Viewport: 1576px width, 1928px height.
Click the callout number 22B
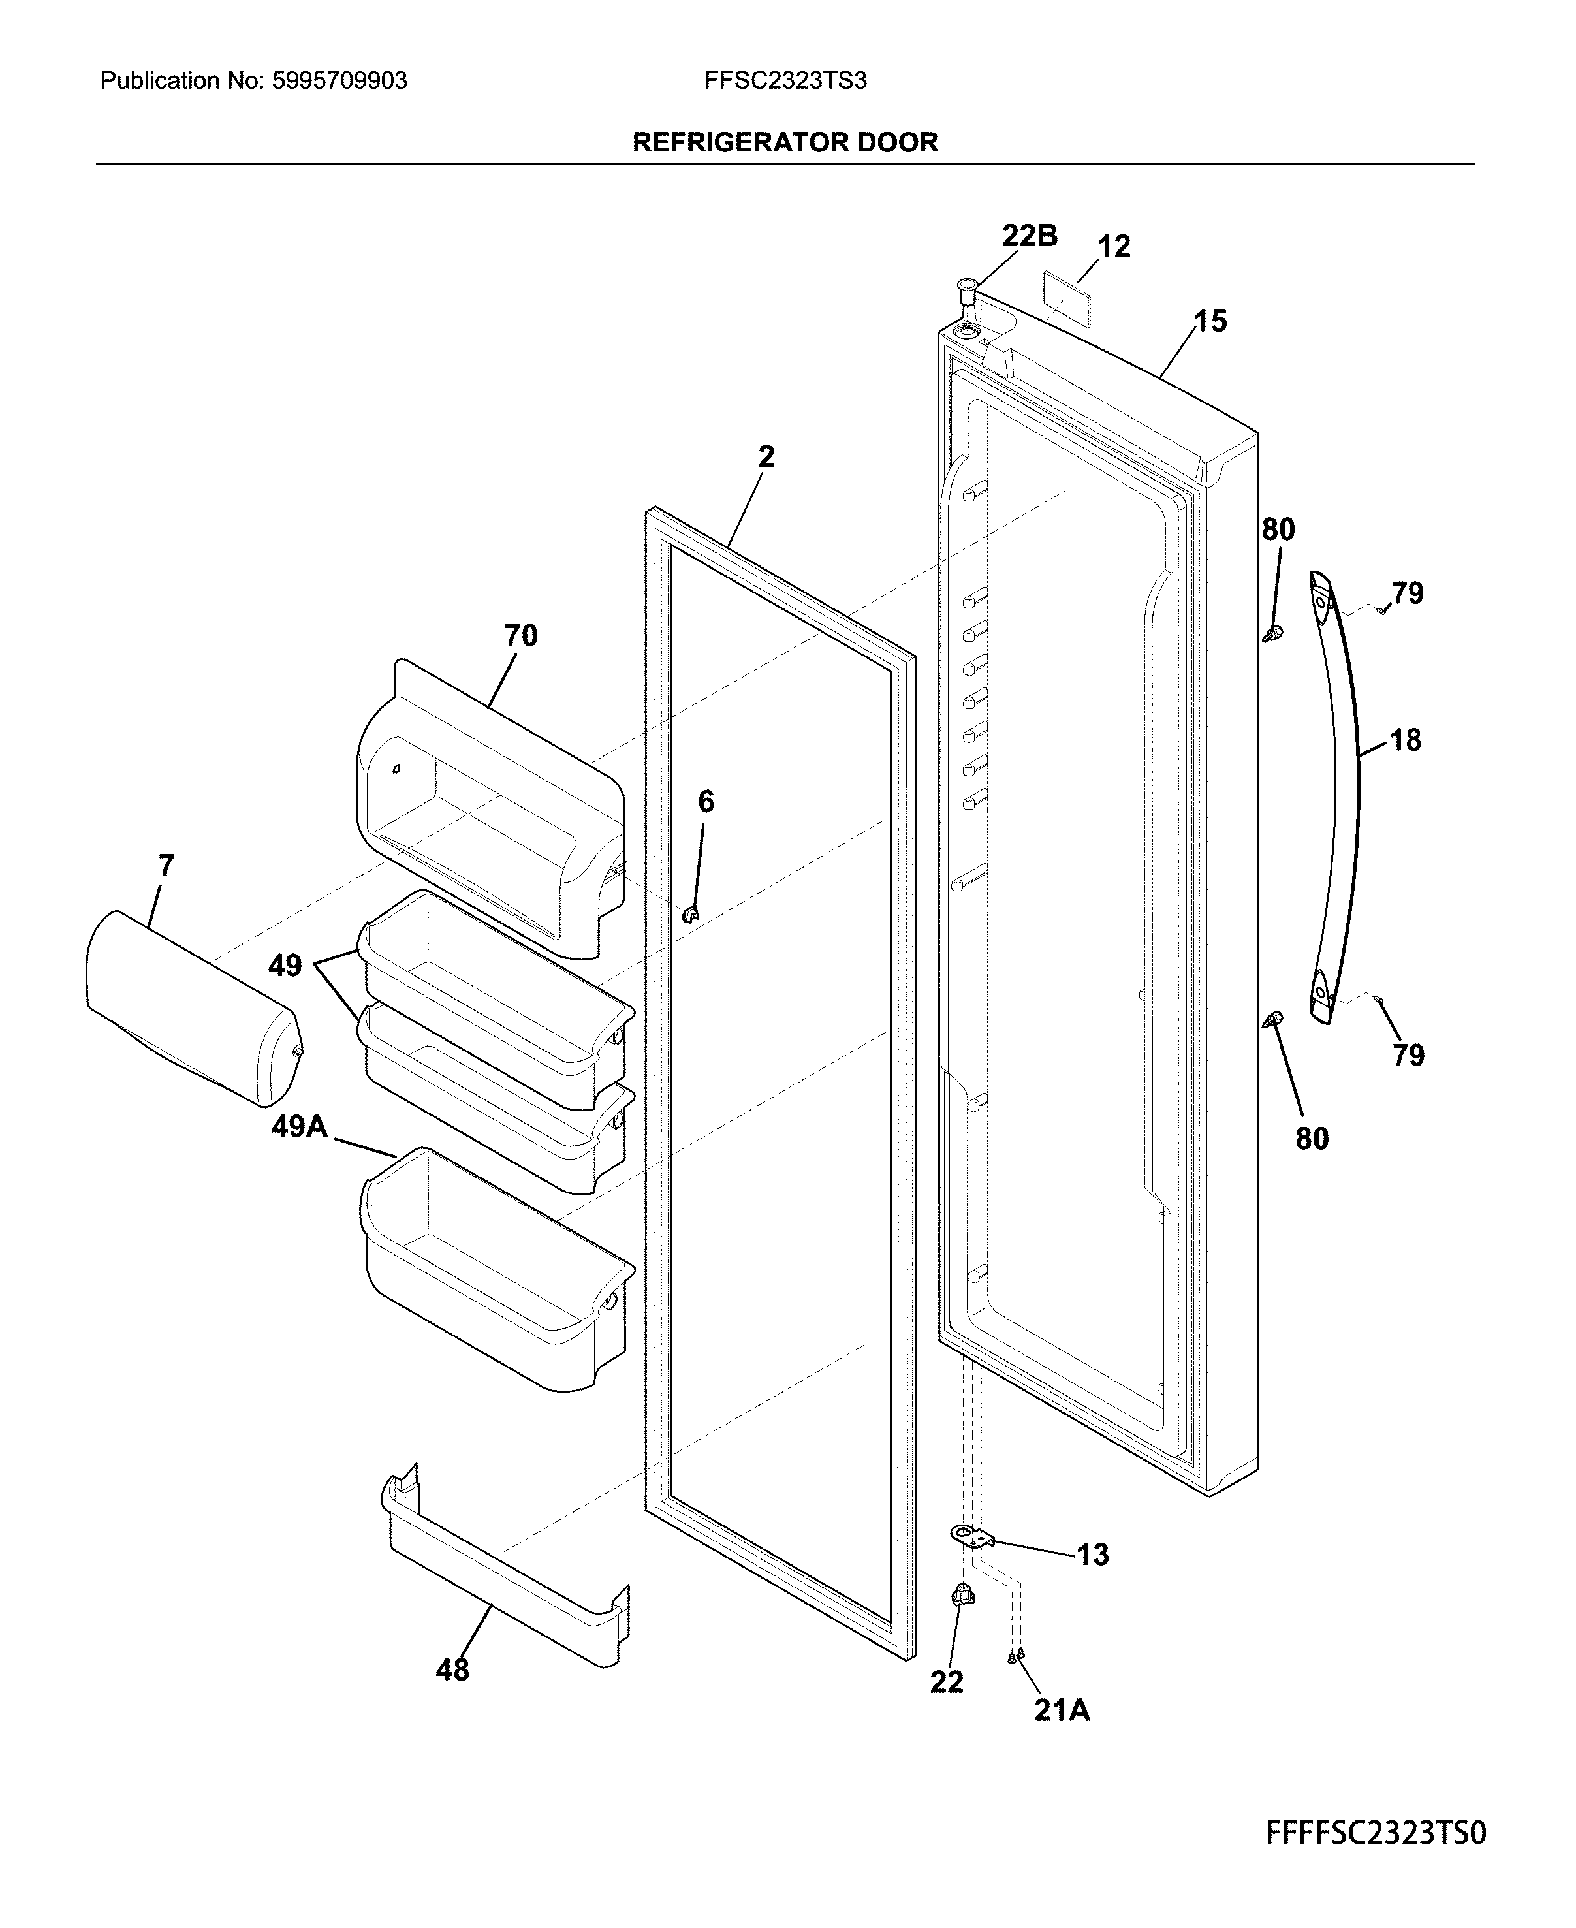(x=1030, y=236)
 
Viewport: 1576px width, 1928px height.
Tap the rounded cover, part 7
(x=191, y=1007)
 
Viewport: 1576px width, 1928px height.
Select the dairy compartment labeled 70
(x=490, y=808)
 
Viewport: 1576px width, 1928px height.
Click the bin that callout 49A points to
(x=495, y=1271)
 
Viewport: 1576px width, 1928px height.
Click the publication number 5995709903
(x=339, y=81)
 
